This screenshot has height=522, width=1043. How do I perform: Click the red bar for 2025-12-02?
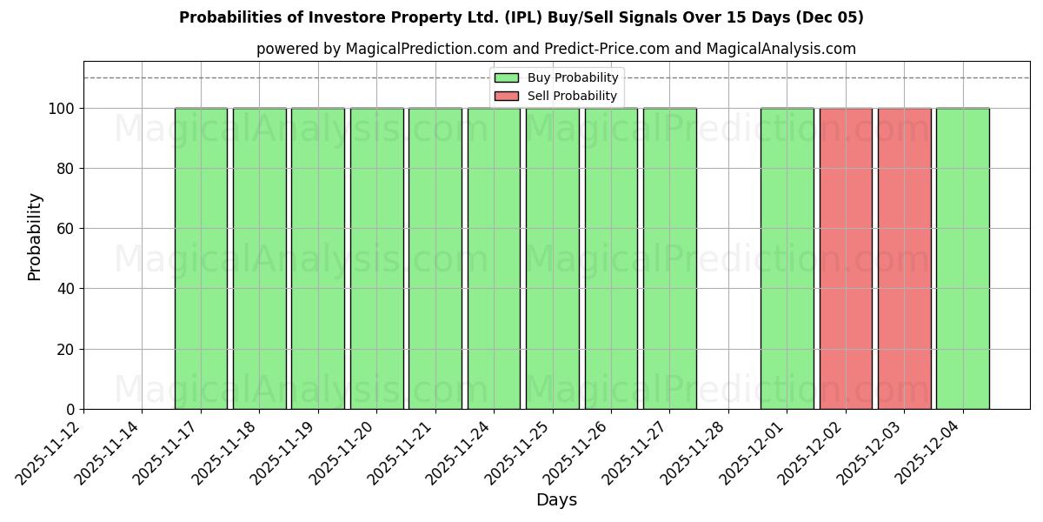click(x=846, y=258)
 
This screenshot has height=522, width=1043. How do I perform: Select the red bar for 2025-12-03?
click(x=904, y=258)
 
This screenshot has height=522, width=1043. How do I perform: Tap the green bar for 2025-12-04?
click(x=962, y=258)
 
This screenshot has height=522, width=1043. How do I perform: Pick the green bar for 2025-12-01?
click(x=787, y=258)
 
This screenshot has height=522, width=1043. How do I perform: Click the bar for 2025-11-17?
click(x=201, y=258)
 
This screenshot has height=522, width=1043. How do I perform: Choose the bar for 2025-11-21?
click(x=435, y=258)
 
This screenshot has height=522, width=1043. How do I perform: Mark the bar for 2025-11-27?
click(x=669, y=258)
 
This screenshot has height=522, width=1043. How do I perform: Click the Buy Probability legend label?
click(x=573, y=78)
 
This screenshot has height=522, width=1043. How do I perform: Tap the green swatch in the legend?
click(x=506, y=78)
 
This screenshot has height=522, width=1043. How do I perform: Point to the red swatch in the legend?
click(x=506, y=96)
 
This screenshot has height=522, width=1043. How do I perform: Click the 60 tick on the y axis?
click(x=68, y=229)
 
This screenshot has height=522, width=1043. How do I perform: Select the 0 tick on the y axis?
click(x=71, y=410)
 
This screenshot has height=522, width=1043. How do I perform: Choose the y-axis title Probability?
click(x=35, y=236)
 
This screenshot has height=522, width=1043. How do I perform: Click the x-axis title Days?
click(x=556, y=500)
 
